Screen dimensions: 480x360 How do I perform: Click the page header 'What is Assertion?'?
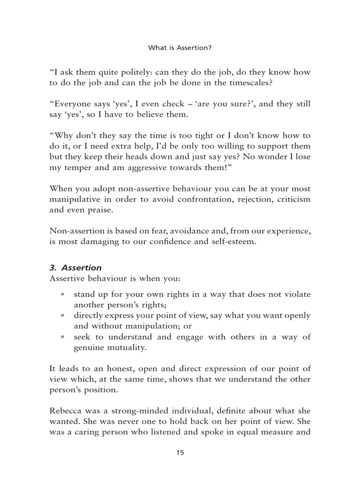click(180, 47)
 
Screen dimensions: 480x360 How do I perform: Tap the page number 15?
click(180, 453)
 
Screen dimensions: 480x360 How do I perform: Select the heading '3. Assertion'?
click(75, 268)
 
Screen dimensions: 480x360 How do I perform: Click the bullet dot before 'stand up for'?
click(63, 295)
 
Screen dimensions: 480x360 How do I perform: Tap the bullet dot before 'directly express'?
click(63, 316)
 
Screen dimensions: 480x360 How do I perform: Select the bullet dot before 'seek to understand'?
click(63, 337)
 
